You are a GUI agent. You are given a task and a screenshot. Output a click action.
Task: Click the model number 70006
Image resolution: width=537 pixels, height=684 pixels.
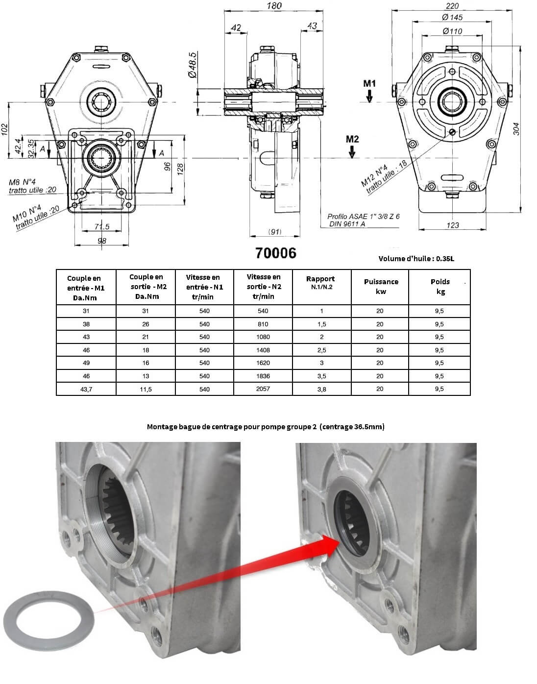tap(275, 253)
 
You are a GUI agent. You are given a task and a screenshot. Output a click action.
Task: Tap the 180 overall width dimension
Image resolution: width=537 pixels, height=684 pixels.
tap(275, 6)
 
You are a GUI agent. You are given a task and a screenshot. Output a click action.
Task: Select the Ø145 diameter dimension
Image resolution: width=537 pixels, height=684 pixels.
tap(452, 18)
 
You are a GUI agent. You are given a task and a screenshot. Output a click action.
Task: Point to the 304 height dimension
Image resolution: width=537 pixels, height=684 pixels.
tap(516, 128)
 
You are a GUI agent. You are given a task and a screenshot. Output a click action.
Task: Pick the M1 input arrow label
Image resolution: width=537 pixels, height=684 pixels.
tap(369, 83)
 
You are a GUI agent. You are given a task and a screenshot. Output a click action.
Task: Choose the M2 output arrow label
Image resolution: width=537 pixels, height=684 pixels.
tap(352, 139)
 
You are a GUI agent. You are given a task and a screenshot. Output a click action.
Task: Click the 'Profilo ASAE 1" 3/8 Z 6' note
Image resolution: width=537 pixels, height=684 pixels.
tap(363, 216)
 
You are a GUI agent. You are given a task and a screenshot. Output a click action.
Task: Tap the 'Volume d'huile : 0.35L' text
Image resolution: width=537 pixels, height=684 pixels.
tap(416, 259)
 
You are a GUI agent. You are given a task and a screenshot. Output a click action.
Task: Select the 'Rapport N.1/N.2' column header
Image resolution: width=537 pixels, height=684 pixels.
tap(321, 282)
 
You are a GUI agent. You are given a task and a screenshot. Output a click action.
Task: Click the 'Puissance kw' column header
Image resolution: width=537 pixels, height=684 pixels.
tap(381, 286)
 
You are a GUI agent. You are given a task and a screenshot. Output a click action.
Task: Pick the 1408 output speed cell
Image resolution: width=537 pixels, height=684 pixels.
tap(263, 350)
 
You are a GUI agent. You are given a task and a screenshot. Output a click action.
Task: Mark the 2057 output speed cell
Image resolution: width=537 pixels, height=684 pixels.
tap(263, 389)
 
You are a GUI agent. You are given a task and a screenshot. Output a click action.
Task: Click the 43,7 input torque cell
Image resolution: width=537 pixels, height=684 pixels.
tap(86, 389)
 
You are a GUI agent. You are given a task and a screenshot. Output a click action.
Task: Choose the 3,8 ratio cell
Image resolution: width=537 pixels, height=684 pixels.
tap(321, 389)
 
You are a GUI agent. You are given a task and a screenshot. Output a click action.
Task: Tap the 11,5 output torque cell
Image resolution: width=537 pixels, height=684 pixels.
tap(145, 389)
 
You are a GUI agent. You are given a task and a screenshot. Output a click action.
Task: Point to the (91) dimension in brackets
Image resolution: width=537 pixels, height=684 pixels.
tap(275, 232)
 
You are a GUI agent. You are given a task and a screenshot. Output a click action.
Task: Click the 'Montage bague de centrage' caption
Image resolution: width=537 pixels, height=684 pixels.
tap(266, 427)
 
